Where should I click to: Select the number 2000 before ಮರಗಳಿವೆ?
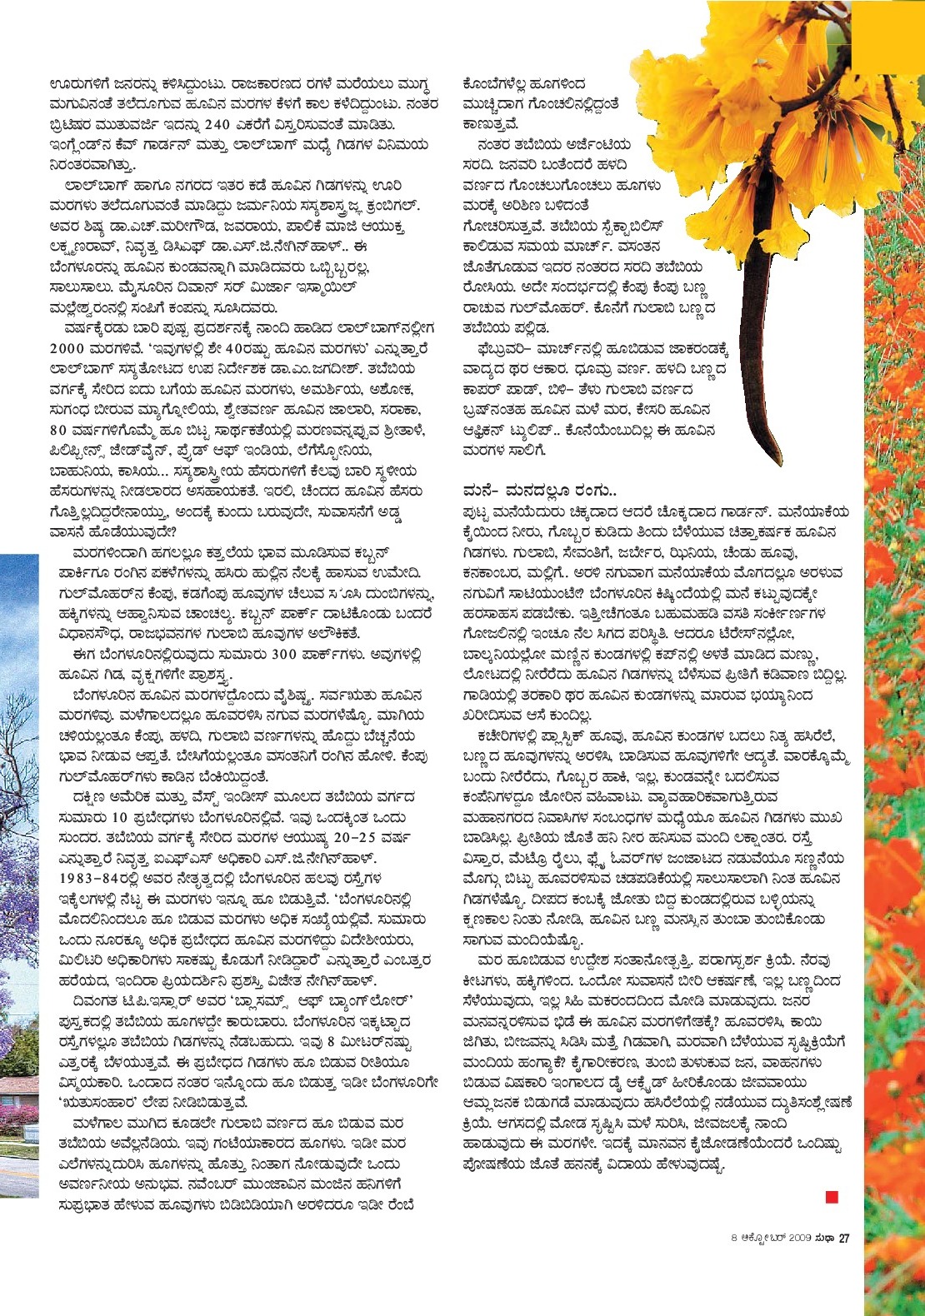(x=67, y=348)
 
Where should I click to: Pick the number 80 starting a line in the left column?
(x=58, y=430)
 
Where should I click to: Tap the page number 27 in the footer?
(x=843, y=1238)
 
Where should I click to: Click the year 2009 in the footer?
(x=799, y=1238)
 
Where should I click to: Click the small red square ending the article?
(x=831, y=1197)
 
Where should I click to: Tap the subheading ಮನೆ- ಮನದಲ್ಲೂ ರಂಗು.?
(x=538, y=490)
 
